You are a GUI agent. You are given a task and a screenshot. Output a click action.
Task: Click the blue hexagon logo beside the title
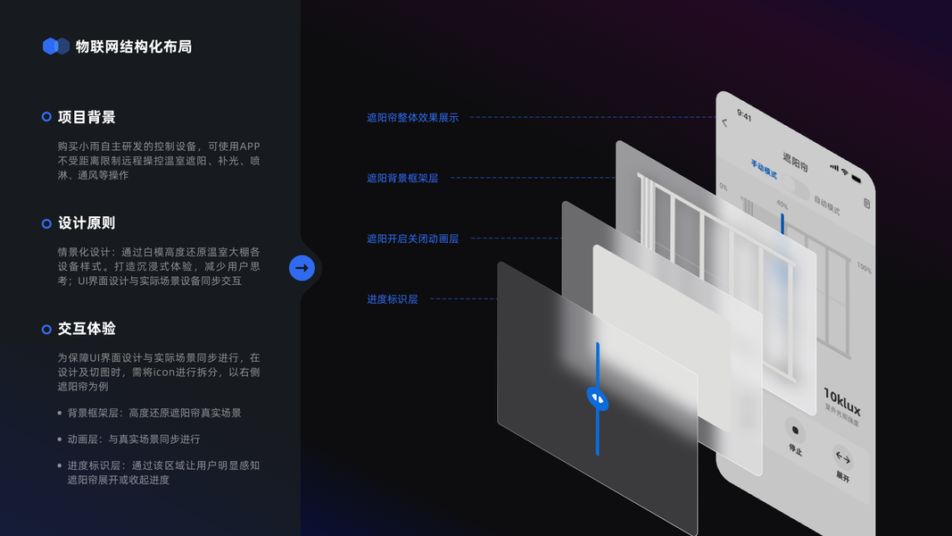[55, 46]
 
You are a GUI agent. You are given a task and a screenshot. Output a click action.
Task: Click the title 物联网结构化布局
[134, 46]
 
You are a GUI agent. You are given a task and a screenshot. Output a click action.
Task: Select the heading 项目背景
[87, 117]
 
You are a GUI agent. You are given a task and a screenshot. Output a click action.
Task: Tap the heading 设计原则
[87, 223]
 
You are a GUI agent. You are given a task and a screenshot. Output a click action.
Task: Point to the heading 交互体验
[87, 329]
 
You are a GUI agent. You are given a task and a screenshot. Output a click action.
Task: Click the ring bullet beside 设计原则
[46, 223]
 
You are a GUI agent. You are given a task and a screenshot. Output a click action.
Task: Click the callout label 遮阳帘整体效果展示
[412, 117]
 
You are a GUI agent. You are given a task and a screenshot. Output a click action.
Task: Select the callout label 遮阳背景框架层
[402, 178]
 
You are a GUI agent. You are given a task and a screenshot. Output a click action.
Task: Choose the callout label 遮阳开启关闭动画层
[412, 239]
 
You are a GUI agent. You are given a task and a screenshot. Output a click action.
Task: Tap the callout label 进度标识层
[392, 299]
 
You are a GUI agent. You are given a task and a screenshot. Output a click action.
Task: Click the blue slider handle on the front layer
[597, 398]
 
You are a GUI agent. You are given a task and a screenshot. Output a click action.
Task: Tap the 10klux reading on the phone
[841, 398]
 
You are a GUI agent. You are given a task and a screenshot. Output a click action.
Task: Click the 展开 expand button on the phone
[842, 460]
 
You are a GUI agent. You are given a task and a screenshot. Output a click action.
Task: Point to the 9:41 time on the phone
[744, 116]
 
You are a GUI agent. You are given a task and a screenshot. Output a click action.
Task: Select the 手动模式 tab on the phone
[765, 170]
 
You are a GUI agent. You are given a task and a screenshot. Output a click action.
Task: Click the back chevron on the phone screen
[724, 122]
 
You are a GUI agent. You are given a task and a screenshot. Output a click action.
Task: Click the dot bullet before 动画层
[60, 440]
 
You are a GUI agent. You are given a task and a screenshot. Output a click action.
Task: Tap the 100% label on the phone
[864, 268]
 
